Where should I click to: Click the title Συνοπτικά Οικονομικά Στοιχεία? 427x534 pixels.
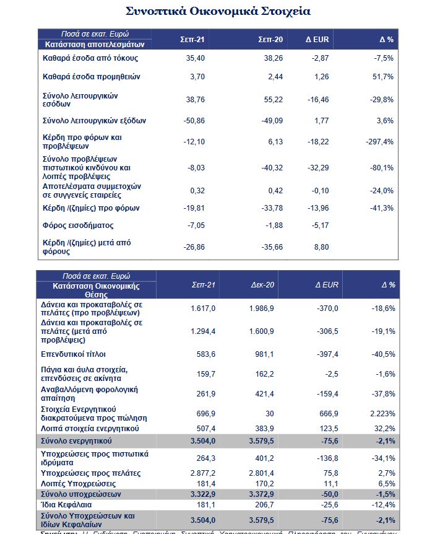pos(218,11)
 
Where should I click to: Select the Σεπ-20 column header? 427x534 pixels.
pos(270,40)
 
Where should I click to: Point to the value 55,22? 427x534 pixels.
pos(273,100)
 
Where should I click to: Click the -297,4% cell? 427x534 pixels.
pos(379,142)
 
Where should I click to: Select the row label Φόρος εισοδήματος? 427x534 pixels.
pos(78,225)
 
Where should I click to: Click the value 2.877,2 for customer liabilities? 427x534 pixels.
pos(203,473)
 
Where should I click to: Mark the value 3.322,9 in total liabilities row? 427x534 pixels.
pos(203,494)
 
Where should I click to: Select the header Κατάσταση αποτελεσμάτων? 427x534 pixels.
pos(94,45)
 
